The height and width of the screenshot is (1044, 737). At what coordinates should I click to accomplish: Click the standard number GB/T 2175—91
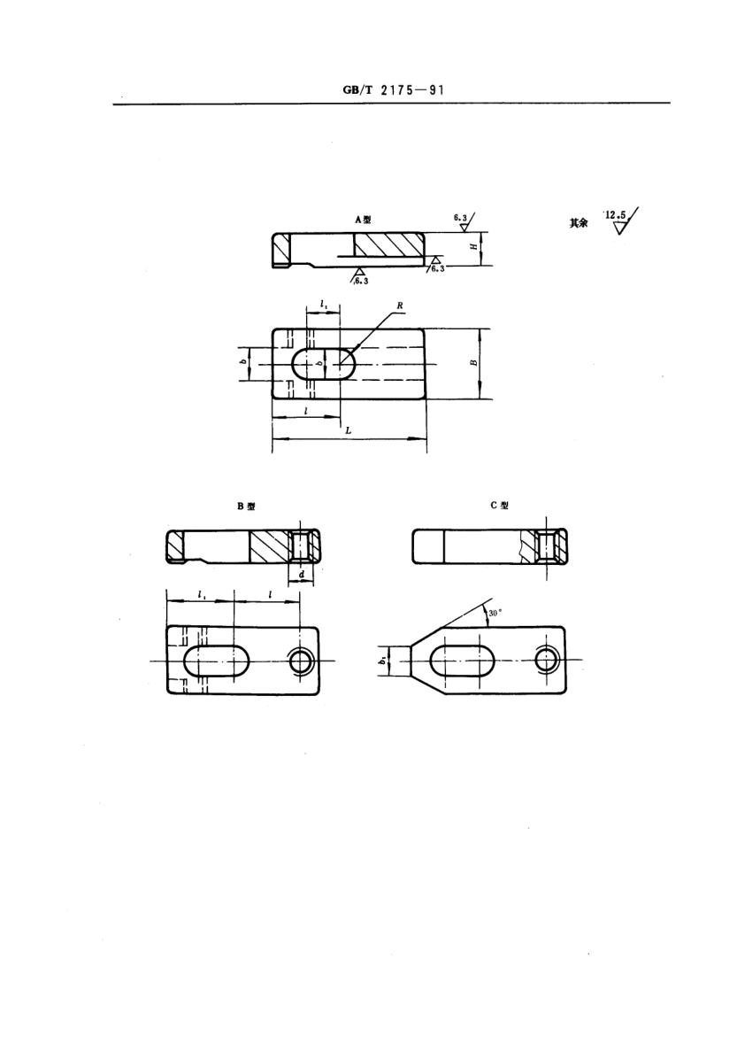tap(393, 90)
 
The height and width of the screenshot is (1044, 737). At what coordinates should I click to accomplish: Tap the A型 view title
tap(363, 220)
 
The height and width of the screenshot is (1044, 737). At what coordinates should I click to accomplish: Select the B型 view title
tap(246, 506)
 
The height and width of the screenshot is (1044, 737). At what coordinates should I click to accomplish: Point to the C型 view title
tap(500, 506)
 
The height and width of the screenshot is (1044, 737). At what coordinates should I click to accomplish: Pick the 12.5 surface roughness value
tap(615, 215)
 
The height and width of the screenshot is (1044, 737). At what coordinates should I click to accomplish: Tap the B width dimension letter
tap(473, 362)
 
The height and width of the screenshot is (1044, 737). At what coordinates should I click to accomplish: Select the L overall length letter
tap(348, 430)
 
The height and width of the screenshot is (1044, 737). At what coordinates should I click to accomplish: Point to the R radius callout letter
tap(400, 305)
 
